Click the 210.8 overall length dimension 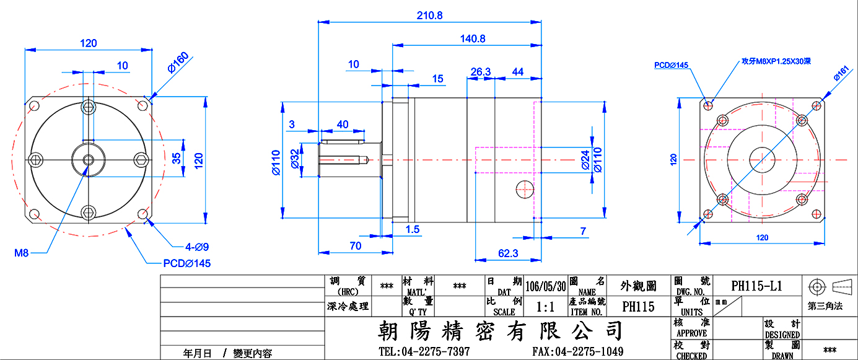tap(429, 15)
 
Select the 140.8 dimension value tap(473, 38)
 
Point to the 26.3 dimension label tap(480, 72)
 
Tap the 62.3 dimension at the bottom tap(508, 253)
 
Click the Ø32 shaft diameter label tap(295, 159)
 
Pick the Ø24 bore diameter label tap(585, 160)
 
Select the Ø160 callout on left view tap(178, 62)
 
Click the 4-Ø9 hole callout tap(197, 247)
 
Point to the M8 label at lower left tap(22, 253)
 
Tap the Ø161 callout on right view tap(841, 74)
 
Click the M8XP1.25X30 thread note tap(776, 61)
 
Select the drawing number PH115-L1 tap(756, 286)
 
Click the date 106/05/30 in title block tap(545, 286)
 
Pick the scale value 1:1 tap(545, 307)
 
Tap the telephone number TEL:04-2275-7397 tap(424, 351)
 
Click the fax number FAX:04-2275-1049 tap(577, 351)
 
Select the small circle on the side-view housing tap(525, 190)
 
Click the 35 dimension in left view tap(176, 158)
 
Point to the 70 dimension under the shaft tap(356, 246)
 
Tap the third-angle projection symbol tap(830, 287)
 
